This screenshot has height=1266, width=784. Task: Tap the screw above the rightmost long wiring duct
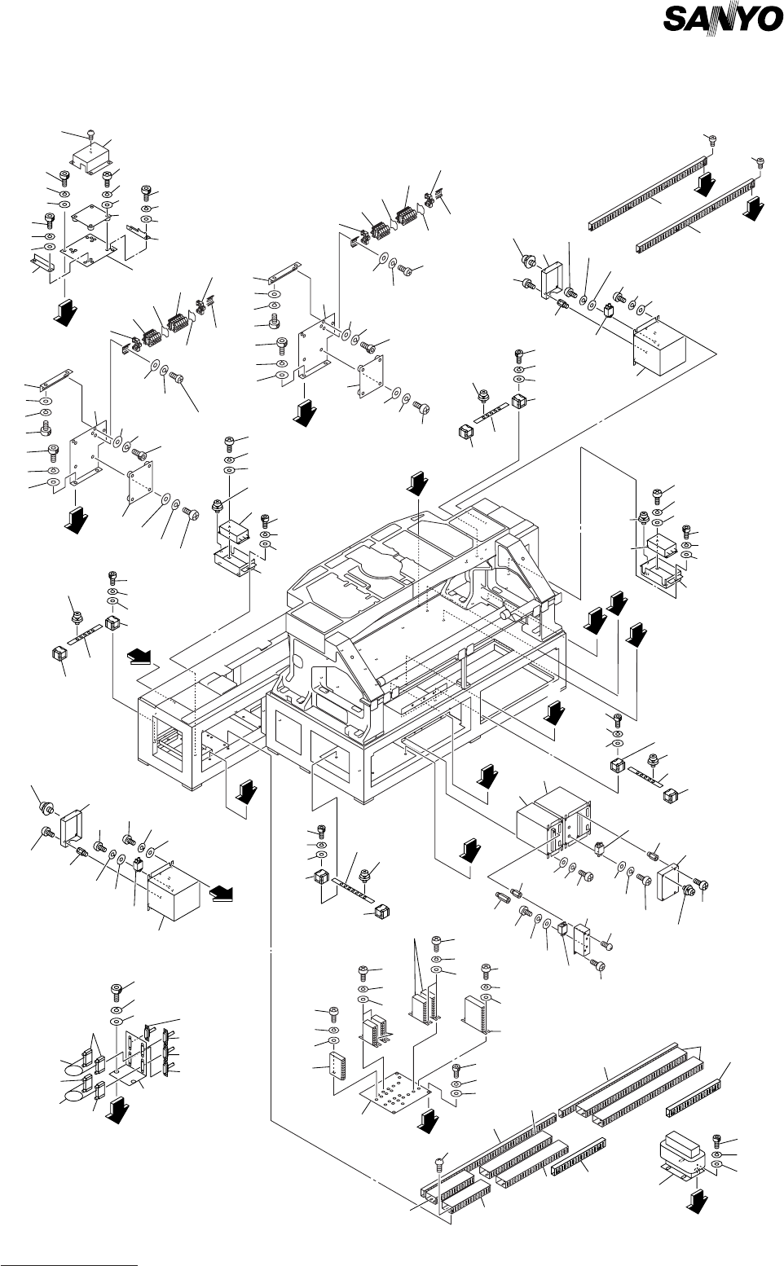point(760,160)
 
